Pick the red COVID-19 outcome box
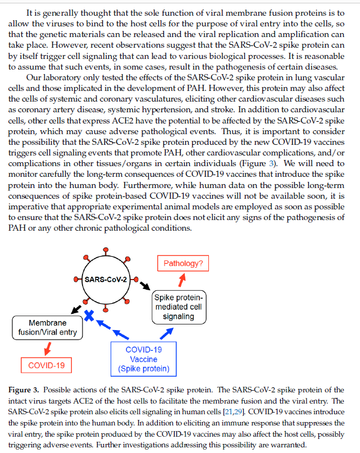coord(47,365)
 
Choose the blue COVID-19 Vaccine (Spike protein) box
coord(143,359)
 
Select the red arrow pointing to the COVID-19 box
coord(48,348)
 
